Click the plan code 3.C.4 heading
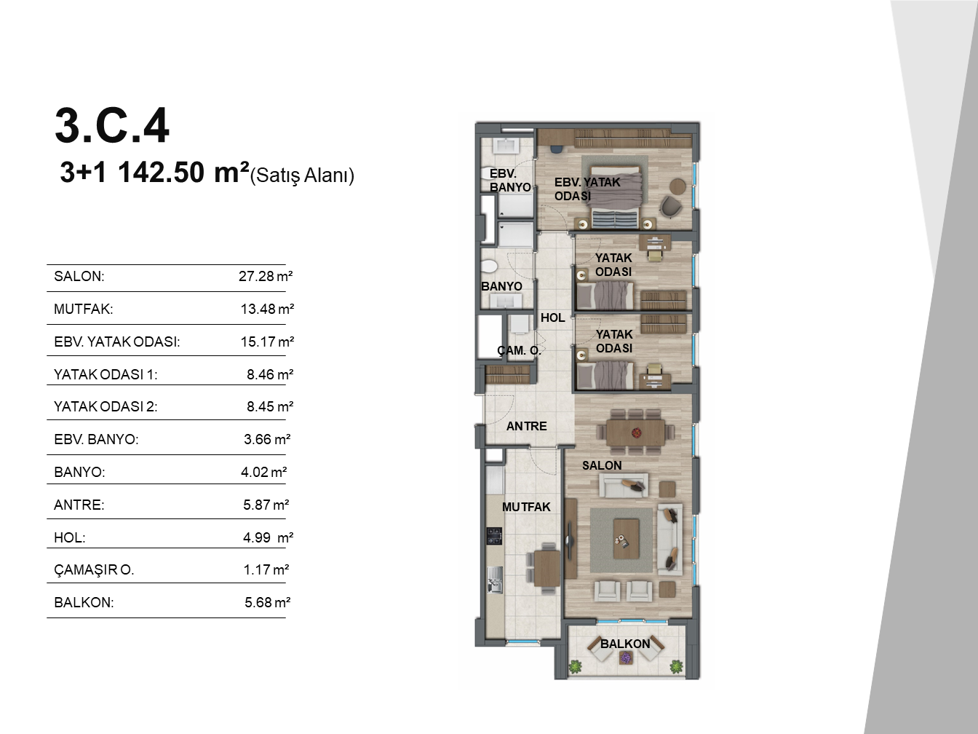(x=112, y=126)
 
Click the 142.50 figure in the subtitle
(x=161, y=173)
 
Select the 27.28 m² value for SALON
(x=266, y=276)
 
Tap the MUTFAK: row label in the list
(x=84, y=309)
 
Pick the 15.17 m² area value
(x=267, y=342)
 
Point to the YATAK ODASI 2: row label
(x=106, y=406)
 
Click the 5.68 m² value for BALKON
(x=267, y=602)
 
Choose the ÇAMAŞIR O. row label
(x=94, y=569)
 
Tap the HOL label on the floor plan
(x=552, y=317)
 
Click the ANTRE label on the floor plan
(x=526, y=426)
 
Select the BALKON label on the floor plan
(x=625, y=644)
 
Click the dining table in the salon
(x=635, y=432)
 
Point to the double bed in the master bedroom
(x=616, y=197)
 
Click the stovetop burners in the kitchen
(x=494, y=536)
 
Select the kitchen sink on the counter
(x=495, y=580)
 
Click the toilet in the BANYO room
(x=489, y=267)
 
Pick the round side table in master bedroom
(x=677, y=186)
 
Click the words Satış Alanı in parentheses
(x=302, y=175)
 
